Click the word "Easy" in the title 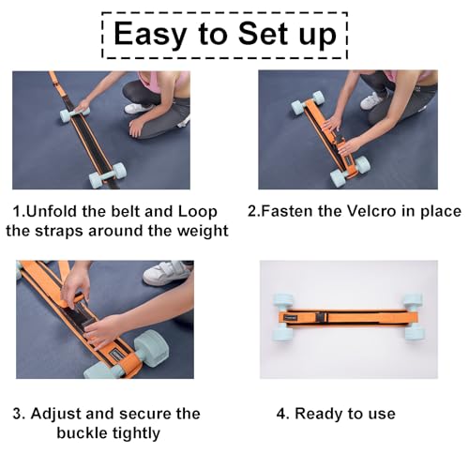[150, 35]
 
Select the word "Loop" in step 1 [197, 212]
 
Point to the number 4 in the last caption [281, 414]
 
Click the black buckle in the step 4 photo [321, 318]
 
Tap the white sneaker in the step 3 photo [167, 272]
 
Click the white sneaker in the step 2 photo [371, 100]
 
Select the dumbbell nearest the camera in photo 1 [107, 174]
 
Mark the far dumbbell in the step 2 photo [308, 102]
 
